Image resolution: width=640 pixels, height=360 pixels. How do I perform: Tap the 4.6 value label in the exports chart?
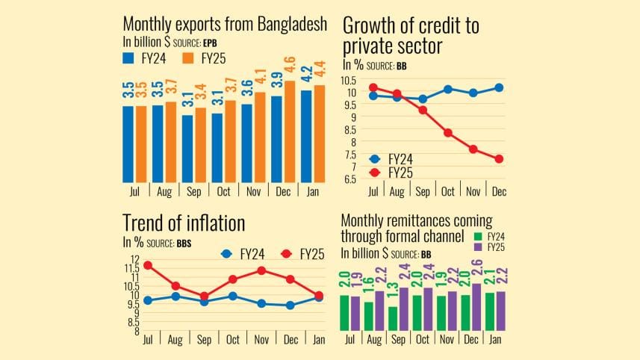point(291,66)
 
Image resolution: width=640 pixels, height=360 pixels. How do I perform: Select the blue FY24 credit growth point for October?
point(448,89)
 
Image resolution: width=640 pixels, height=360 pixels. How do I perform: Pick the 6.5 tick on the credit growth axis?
point(349,179)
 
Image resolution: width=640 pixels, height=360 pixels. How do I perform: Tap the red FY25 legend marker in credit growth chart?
point(376,173)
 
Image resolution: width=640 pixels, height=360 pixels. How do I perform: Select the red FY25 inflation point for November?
point(261,270)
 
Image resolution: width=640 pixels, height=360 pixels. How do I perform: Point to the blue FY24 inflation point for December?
point(290,305)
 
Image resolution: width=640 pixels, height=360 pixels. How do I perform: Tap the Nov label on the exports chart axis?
point(252,191)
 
